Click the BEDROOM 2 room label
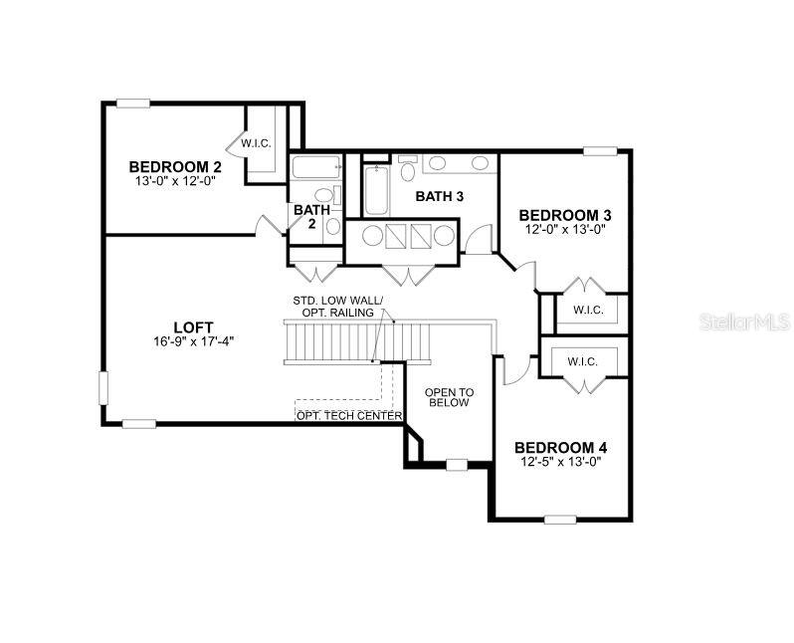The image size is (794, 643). (x=175, y=166)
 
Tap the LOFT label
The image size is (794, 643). (x=193, y=327)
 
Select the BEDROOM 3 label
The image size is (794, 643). (x=565, y=215)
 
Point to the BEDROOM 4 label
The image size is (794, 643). (x=560, y=448)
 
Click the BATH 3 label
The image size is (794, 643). (x=440, y=197)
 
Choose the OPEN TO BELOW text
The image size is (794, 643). (x=449, y=398)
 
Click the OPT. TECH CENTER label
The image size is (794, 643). (x=349, y=416)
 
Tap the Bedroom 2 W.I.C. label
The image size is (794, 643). (x=257, y=143)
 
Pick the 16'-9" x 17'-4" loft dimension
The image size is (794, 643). (x=193, y=342)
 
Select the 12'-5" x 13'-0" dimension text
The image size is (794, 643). (x=560, y=462)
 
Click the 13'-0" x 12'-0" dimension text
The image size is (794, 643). (x=175, y=181)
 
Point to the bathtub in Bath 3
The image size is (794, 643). (x=376, y=190)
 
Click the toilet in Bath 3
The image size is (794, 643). (x=408, y=168)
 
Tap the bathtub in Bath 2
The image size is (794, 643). (x=316, y=166)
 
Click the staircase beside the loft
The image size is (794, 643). (x=357, y=342)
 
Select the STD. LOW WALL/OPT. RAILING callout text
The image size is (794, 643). (x=337, y=307)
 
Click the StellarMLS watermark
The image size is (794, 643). (x=745, y=321)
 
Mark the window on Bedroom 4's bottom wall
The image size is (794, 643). (x=560, y=520)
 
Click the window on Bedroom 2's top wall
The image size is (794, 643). (x=133, y=104)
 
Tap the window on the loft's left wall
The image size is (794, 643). (x=103, y=387)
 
